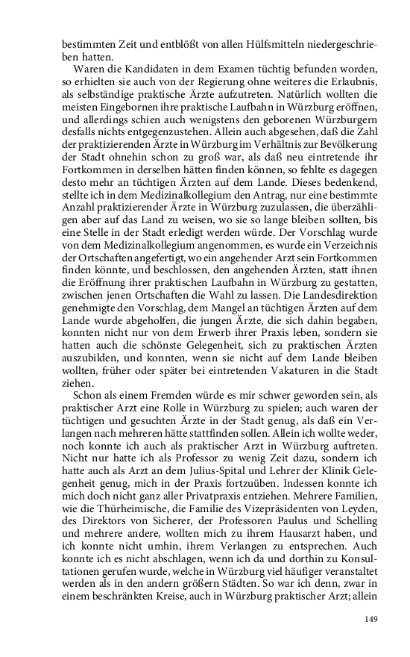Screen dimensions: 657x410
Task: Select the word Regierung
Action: coord(212,80)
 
